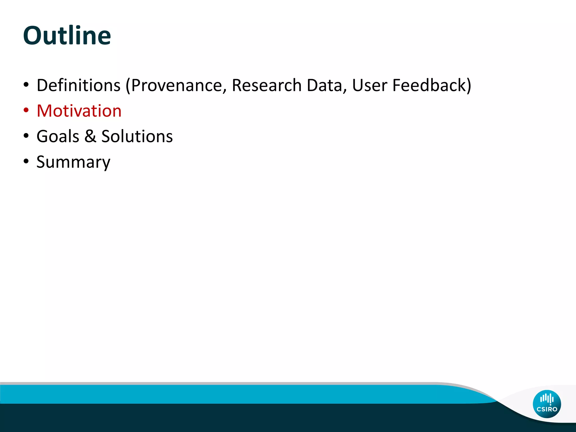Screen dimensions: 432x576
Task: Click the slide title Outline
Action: point(67,35)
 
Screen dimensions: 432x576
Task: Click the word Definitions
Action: point(78,85)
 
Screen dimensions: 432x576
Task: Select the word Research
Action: point(266,85)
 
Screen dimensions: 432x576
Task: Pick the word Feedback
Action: point(429,85)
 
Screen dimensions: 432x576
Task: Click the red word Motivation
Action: point(79,111)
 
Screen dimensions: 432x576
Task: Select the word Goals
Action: point(58,136)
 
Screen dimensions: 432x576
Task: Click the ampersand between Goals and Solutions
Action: point(90,136)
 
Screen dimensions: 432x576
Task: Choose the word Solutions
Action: point(137,136)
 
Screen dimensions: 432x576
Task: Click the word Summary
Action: point(73,162)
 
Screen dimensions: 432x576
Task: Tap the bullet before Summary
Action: point(26,162)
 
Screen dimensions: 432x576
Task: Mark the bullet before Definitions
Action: point(26,85)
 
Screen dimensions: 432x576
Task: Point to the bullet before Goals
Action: point(26,136)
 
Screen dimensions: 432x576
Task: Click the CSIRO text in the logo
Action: point(547,409)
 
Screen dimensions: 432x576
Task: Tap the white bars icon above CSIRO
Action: point(547,399)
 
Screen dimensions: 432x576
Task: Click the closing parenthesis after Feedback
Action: point(469,86)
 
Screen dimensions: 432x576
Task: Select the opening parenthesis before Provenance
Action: point(128,86)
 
